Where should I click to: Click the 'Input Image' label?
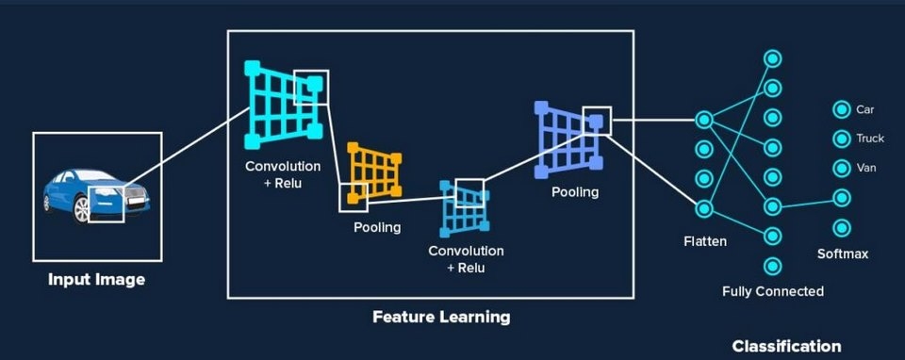[x=97, y=280]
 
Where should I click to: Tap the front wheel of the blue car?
[x=83, y=210]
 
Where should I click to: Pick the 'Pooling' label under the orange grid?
[x=377, y=227]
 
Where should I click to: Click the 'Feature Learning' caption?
[x=441, y=317]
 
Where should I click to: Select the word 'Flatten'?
[x=704, y=241]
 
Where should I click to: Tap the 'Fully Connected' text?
[x=772, y=291]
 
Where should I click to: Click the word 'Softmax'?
[x=842, y=254]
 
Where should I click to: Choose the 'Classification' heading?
[x=786, y=346]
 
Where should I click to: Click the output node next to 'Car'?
[x=840, y=109]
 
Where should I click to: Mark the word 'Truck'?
[x=870, y=139]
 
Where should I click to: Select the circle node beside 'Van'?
[x=840, y=168]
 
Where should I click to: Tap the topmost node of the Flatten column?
[x=703, y=120]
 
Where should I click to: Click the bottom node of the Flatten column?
[x=703, y=207]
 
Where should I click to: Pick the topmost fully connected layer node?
[x=772, y=58]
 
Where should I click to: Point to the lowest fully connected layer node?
[x=772, y=265]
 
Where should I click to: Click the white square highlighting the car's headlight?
[x=107, y=204]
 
